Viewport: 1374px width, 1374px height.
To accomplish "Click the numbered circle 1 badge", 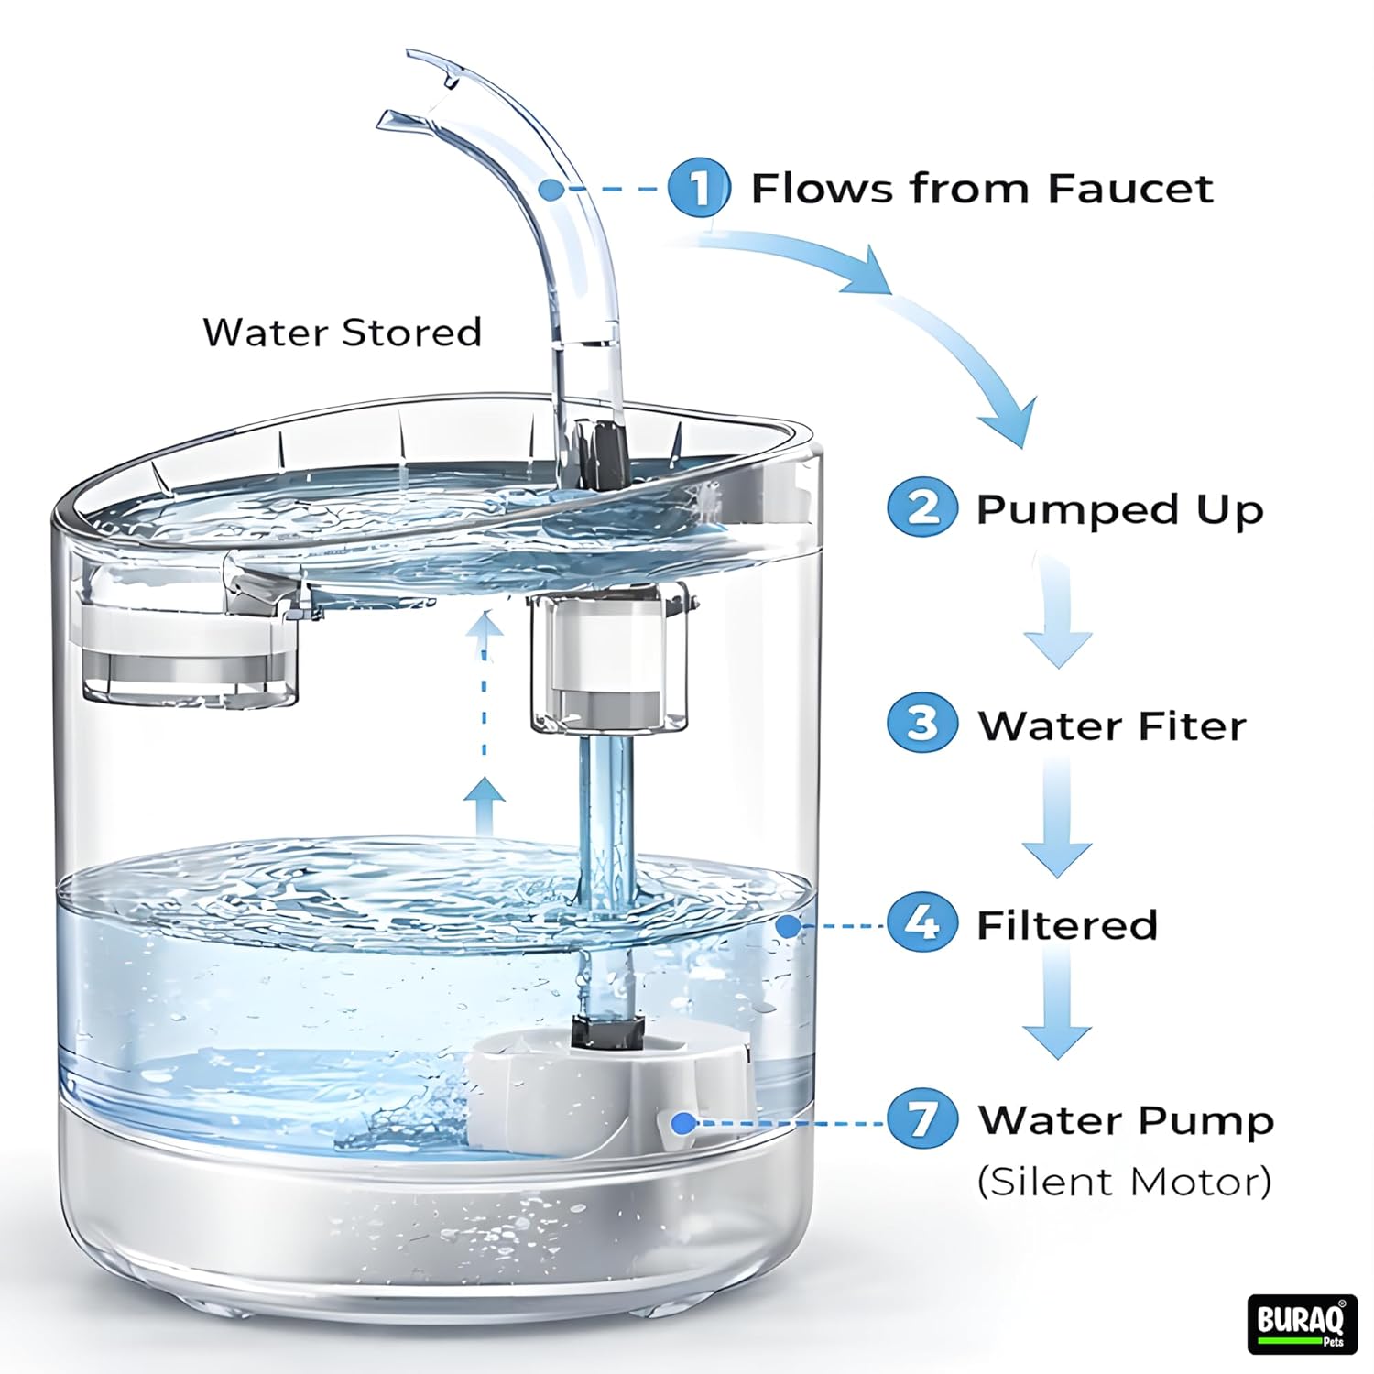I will point(699,188).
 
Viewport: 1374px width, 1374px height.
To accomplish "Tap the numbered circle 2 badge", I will point(922,508).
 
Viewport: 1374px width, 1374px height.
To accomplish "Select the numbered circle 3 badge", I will point(922,724).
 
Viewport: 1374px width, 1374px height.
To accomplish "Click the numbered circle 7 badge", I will point(922,1119).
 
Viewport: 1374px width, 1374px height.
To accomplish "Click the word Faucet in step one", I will point(1129,189).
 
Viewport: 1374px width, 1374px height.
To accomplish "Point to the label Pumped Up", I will point(1119,511).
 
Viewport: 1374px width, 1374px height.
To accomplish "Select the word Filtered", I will point(1067,925).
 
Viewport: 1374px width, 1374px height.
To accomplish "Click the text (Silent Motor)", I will point(1124,1182).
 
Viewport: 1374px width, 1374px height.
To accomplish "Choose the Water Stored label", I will point(342,332).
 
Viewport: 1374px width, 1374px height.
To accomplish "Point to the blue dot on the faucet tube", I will point(550,190).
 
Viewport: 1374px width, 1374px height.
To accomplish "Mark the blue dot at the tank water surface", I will point(787,925).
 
